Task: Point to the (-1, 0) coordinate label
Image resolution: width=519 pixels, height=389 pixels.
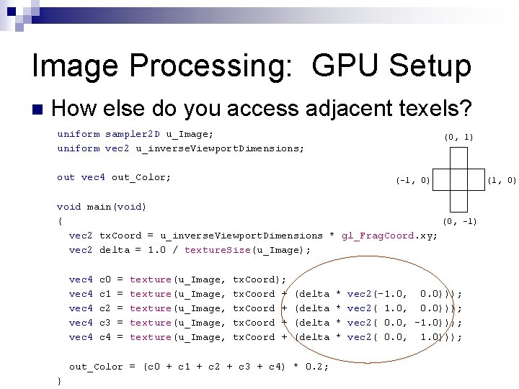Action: (413, 179)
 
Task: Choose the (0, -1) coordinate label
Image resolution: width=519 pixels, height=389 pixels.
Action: (459, 221)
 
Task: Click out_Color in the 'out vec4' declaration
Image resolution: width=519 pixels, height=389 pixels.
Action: (141, 177)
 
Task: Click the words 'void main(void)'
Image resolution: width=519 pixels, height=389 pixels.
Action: (102, 207)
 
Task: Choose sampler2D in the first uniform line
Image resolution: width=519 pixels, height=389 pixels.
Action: (133, 134)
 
